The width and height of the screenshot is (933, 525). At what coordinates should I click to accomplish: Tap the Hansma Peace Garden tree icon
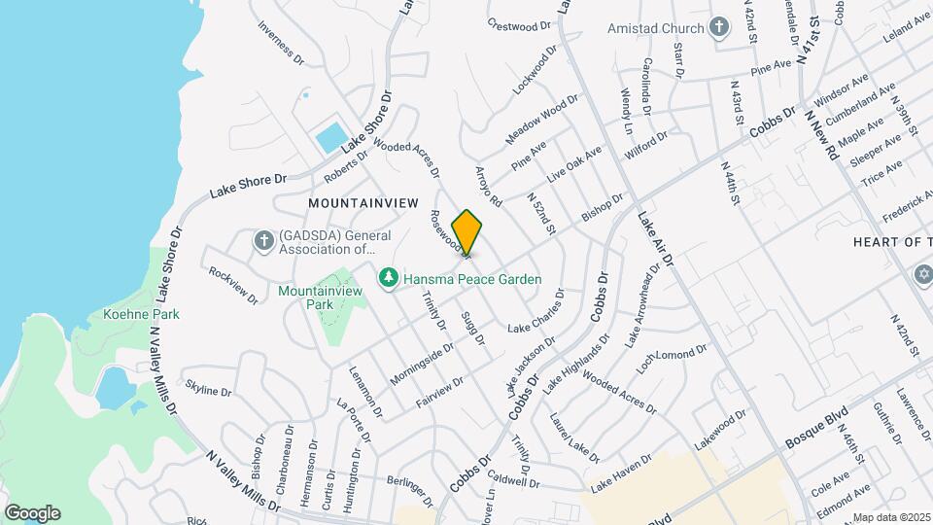click(389, 279)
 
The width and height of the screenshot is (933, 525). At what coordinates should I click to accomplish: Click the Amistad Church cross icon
click(718, 26)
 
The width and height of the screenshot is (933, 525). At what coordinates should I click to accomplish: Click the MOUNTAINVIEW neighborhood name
click(363, 203)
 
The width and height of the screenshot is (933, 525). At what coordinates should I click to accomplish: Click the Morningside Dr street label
click(422, 362)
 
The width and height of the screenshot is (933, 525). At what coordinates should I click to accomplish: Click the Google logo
click(32, 512)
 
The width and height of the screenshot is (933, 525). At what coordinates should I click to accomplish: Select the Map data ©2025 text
click(891, 517)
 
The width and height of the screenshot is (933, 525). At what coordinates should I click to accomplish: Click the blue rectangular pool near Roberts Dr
click(329, 137)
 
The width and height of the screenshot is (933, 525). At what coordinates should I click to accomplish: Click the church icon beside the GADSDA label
click(262, 240)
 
